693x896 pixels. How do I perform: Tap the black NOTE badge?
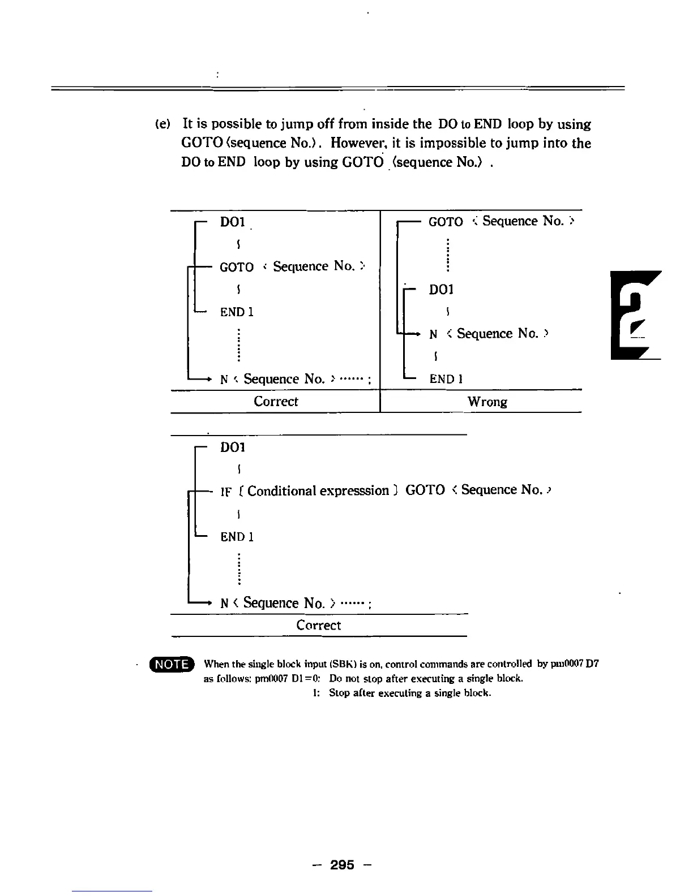[172, 664]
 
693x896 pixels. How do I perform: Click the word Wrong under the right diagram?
[487, 402]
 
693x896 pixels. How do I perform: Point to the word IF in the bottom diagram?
[226, 492]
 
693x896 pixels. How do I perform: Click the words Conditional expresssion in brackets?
[318, 490]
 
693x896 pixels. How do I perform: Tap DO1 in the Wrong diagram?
[441, 290]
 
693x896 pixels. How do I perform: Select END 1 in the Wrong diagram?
[446, 379]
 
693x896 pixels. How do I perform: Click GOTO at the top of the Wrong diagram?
[446, 222]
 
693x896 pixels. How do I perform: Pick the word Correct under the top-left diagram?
[275, 402]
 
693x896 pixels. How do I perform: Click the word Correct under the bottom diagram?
[318, 626]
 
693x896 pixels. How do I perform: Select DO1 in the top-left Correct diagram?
[232, 222]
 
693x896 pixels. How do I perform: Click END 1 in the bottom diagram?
[237, 537]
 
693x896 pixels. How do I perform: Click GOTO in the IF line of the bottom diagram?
[425, 490]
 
